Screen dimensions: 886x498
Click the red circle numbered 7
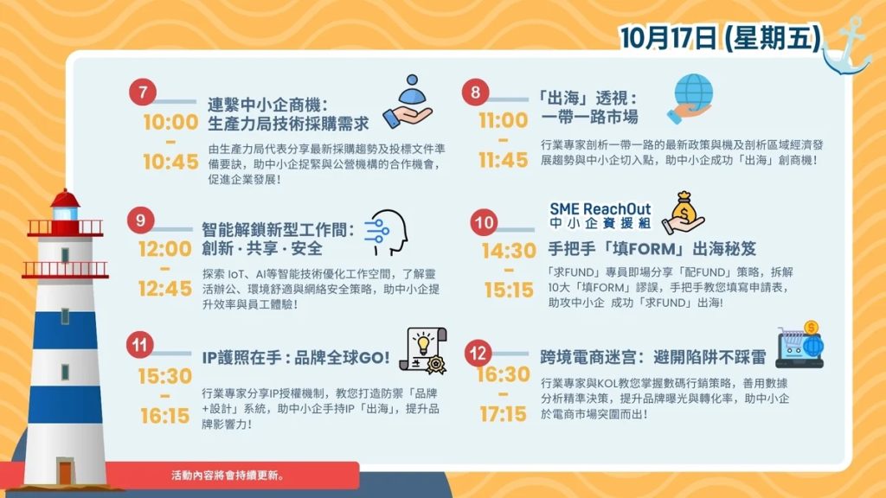143,92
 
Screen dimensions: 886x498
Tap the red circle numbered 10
485,222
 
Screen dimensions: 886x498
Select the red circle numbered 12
478,353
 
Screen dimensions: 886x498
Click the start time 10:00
170,122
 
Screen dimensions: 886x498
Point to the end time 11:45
504,160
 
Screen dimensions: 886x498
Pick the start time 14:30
509,250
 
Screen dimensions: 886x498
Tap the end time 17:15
504,414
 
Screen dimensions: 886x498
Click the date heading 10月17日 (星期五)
721,38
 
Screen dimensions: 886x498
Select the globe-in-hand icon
690,99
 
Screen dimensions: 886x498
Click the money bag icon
684,213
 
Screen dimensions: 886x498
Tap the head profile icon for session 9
386,233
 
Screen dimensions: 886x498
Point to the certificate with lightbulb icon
423,351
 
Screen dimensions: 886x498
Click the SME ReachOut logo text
600,215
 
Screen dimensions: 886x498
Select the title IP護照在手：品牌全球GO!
296,357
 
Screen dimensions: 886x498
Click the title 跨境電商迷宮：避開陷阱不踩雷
653,357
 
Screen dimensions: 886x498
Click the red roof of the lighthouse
65,198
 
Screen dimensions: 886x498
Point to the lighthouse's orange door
66,473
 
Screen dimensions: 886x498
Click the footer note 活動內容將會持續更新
228,476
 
